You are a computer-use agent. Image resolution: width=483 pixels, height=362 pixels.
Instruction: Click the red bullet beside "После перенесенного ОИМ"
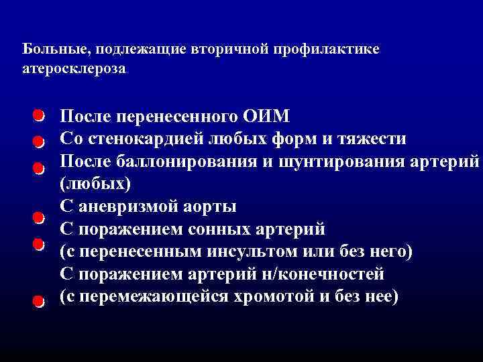pos(39,116)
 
